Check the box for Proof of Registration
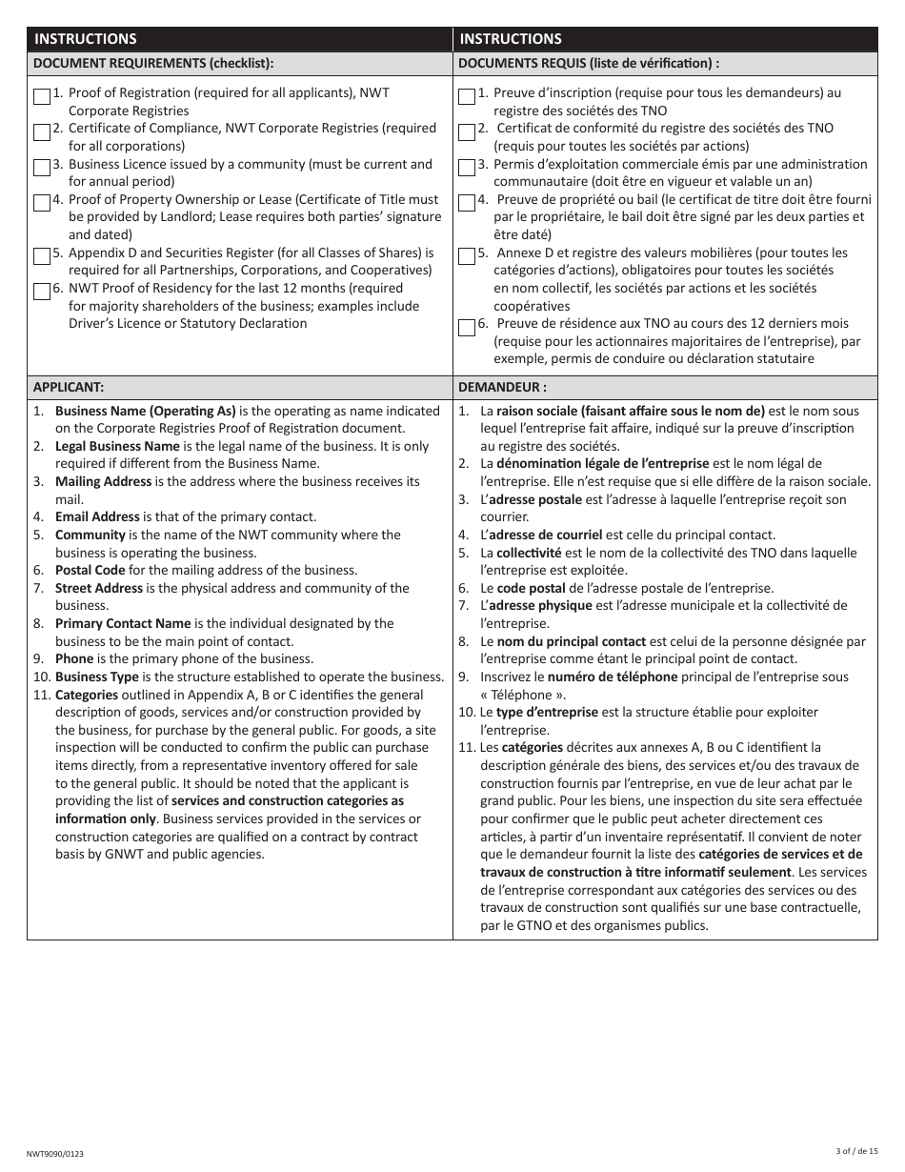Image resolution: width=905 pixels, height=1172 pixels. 41,95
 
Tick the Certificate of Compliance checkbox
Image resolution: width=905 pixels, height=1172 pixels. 41,131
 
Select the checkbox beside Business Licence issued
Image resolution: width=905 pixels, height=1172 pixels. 41,167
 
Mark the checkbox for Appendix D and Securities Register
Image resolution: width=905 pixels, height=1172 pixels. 41,255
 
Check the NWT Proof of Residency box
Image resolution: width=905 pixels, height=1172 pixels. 41,291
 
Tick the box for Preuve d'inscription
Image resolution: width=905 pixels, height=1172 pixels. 466,95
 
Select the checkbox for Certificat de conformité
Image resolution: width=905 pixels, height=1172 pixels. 466,131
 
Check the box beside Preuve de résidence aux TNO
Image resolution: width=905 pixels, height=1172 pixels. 466,327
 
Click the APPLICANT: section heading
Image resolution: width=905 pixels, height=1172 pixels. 69,388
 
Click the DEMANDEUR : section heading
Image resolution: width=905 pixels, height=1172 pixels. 502,388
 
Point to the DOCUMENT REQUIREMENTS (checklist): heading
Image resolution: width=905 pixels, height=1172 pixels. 153,64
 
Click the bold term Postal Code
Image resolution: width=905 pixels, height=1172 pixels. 90,571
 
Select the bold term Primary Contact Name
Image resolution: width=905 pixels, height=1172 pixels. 123,623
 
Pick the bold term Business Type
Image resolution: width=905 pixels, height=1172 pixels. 96,677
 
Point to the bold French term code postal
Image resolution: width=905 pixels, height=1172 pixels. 531,588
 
